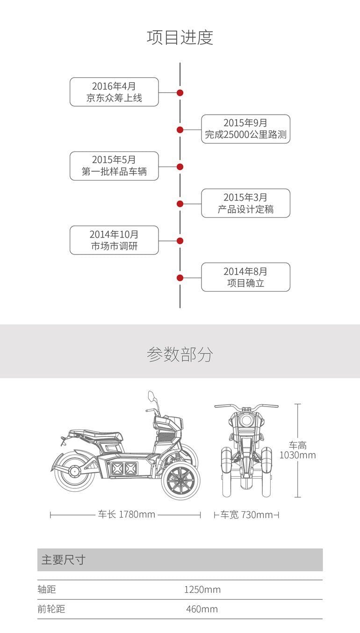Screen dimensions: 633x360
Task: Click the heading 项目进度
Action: point(180,37)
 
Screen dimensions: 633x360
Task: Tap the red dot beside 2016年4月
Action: point(180,93)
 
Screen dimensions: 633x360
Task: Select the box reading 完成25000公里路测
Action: point(245,129)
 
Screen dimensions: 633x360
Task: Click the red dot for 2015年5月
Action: point(180,167)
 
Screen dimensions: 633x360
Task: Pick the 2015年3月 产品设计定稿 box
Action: point(245,203)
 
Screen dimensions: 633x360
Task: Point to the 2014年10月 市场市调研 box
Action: point(114,240)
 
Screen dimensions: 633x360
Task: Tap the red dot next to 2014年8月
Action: point(180,278)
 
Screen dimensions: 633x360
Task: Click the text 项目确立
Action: point(245,283)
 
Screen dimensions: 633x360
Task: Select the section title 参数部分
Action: point(180,355)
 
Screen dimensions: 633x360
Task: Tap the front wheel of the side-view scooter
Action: point(180,482)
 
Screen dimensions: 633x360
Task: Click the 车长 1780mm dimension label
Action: point(126,515)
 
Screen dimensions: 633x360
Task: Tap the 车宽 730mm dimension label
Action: point(246,515)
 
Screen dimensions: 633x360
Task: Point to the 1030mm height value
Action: point(297,455)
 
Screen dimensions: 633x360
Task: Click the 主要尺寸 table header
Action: point(64,560)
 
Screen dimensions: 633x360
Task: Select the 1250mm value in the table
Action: point(202,589)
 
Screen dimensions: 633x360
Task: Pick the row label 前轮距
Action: point(51,609)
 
